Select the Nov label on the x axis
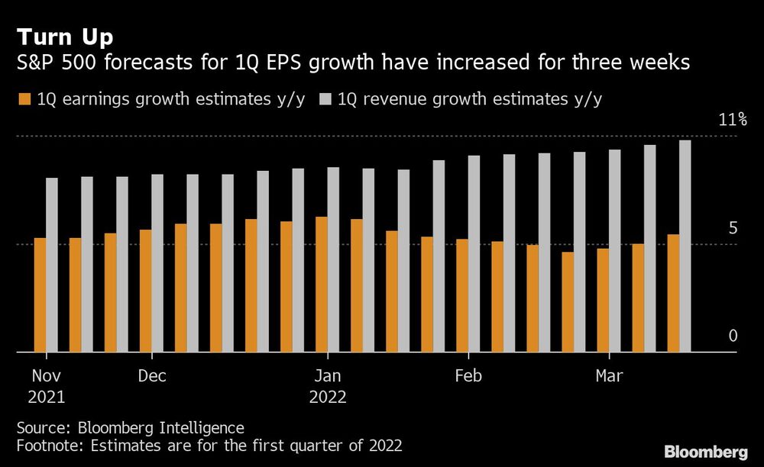pyautogui.click(x=46, y=376)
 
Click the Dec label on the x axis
pyautogui.click(x=152, y=376)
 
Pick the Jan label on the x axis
pyautogui.click(x=328, y=376)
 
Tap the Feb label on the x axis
pyautogui.click(x=468, y=376)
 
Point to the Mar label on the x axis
pyautogui.click(x=609, y=376)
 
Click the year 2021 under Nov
pyautogui.click(x=46, y=397)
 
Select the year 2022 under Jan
pyautogui.click(x=328, y=397)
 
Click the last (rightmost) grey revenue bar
pyautogui.click(x=685, y=246)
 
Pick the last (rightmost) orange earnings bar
pyautogui.click(x=673, y=293)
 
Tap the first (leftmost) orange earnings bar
pyautogui.click(x=40, y=295)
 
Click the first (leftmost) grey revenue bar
pyautogui.click(x=51, y=265)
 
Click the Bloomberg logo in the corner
pyautogui.click(x=706, y=450)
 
